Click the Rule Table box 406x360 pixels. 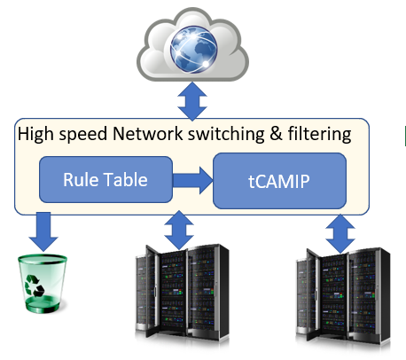pyautogui.click(x=105, y=180)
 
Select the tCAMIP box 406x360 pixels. pyautogui.click(x=279, y=181)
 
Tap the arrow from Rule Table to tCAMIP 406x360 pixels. pyautogui.click(x=192, y=180)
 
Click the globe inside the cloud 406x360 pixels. pyautogui.click(x=193, y=50)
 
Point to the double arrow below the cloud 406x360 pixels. pyautogui.click(x=192, y=101)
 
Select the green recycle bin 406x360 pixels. pyautogui.click(x=43, y=284)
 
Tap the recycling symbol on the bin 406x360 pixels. pyautogui.click(x=35, y=286)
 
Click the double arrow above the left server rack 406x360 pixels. pyautogui.click(x=179, y=230)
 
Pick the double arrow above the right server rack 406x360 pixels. pyautogui.click(x=340, y=233)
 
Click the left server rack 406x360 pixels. pyautogui.click(x=182, y=293)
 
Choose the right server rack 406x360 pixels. pyautogui.click(x=343, y=295)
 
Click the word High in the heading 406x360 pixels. pyautogui.click(x=36, y=135)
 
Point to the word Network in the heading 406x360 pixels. pyautogui.click(x=148, y=134)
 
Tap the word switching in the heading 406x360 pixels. pyautogui.click(x=226, y=135)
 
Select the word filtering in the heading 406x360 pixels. pyautogui.click(x=320, y=135)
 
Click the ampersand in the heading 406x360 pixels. pyautogui.click(x=277, y=134)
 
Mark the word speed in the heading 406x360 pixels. pyautogui.click(x=83, y=135)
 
